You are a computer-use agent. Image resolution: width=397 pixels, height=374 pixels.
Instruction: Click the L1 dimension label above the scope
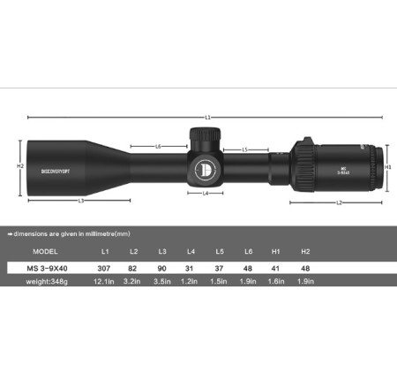(x=208, y=117)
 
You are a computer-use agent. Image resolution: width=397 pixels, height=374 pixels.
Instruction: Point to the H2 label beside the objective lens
(x=19, y=165)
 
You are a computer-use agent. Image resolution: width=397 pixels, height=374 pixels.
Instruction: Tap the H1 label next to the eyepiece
(x=389, y=165)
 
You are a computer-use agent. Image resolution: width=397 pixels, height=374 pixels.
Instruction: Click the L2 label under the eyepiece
(x=339, y=202)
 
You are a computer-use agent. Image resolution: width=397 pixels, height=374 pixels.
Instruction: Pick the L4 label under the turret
(x=206, y=192)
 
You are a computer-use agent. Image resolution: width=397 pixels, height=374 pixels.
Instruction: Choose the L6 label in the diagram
(x=158, y=146)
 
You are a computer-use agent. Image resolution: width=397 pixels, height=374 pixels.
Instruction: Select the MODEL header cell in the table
(x=33, y=251)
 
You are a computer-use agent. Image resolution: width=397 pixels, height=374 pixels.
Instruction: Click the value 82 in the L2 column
(x=131, y=266)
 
